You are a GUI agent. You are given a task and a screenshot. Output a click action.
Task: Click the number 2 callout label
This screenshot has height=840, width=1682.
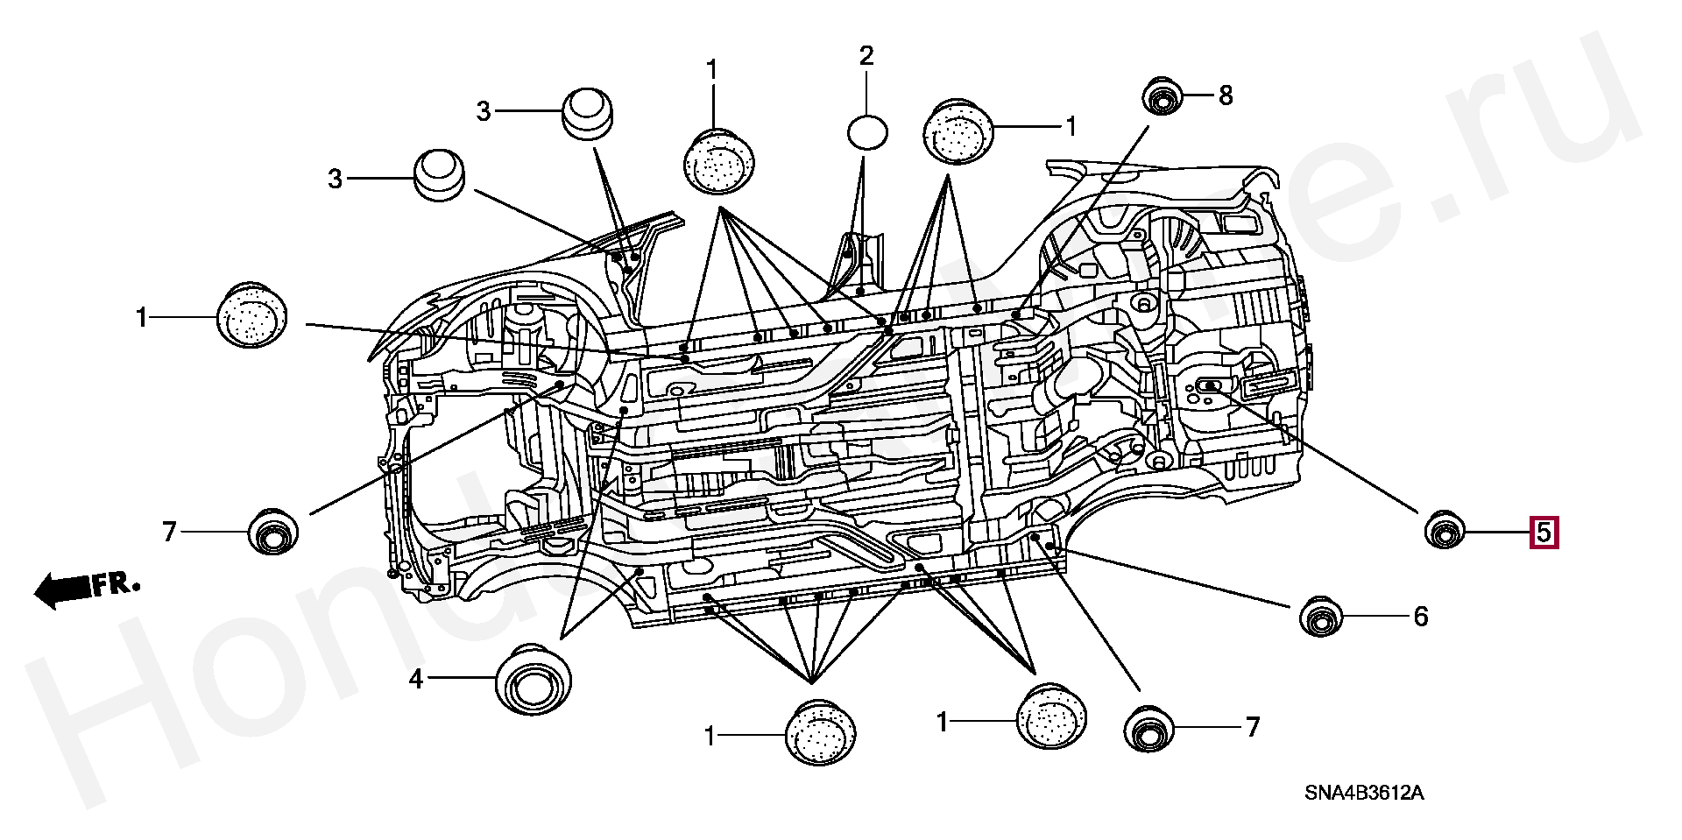click(866, 57)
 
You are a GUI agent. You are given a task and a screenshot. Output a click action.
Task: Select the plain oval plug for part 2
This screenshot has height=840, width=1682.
click(866, 132)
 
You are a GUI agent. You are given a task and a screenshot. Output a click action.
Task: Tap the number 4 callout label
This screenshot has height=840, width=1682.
click(416, 678)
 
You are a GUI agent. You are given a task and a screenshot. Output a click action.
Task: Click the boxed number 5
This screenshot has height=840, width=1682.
click(1544, 532)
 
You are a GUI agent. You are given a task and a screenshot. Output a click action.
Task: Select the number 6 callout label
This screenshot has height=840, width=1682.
click(1420, 617)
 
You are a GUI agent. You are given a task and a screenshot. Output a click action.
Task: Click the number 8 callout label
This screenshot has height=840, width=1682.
click(1225, 95)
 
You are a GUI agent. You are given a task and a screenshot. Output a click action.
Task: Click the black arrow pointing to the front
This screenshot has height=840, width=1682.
click(61, 589)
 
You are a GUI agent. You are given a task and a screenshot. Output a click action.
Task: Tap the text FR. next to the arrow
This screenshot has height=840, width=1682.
click(117, 584)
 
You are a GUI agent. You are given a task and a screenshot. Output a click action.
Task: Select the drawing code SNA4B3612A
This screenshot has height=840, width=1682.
click(1364, 794)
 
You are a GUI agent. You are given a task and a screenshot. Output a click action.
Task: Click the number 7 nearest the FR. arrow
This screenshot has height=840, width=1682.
click(170, 531)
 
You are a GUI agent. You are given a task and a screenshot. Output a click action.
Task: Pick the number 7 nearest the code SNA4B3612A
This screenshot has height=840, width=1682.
click(1252, 727)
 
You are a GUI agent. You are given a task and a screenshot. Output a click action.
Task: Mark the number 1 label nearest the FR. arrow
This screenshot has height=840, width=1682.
click(142, 317)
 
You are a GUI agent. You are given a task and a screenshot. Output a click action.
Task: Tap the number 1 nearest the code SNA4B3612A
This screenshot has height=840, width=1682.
click(943, 723)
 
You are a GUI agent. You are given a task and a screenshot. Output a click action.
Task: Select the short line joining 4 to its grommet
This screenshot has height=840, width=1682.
click(461, 678)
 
